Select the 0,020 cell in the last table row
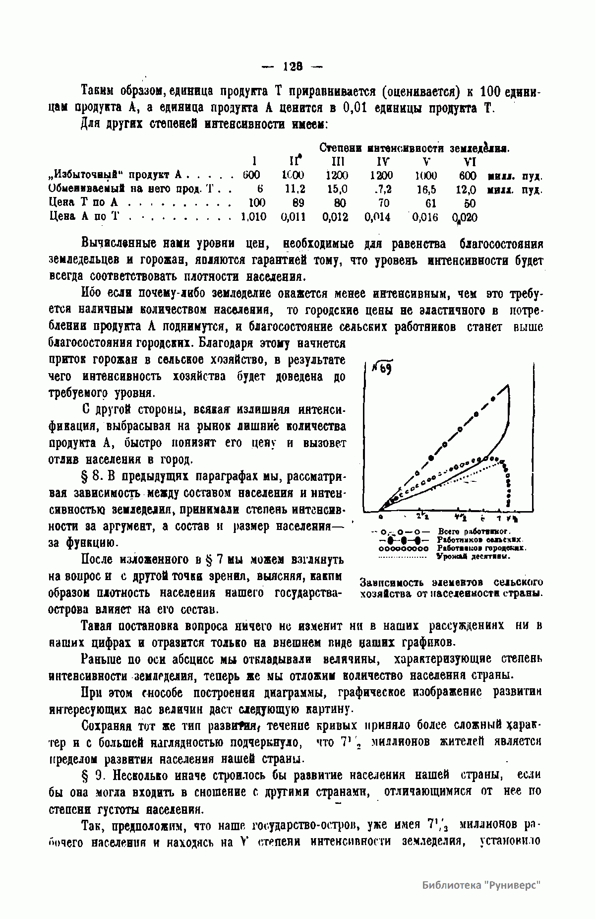[x=465, y=217]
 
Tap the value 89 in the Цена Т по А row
[x=297, y=203]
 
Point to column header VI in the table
[x=469, y=162]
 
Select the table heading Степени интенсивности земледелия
[x=415, y=148]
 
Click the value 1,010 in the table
[x=253, y=217]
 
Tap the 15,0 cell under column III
[x=337, y=189]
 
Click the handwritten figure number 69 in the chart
[x=382, y=369]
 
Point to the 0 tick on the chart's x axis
[x=380, y=518]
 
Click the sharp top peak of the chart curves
[x=507, y=385]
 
